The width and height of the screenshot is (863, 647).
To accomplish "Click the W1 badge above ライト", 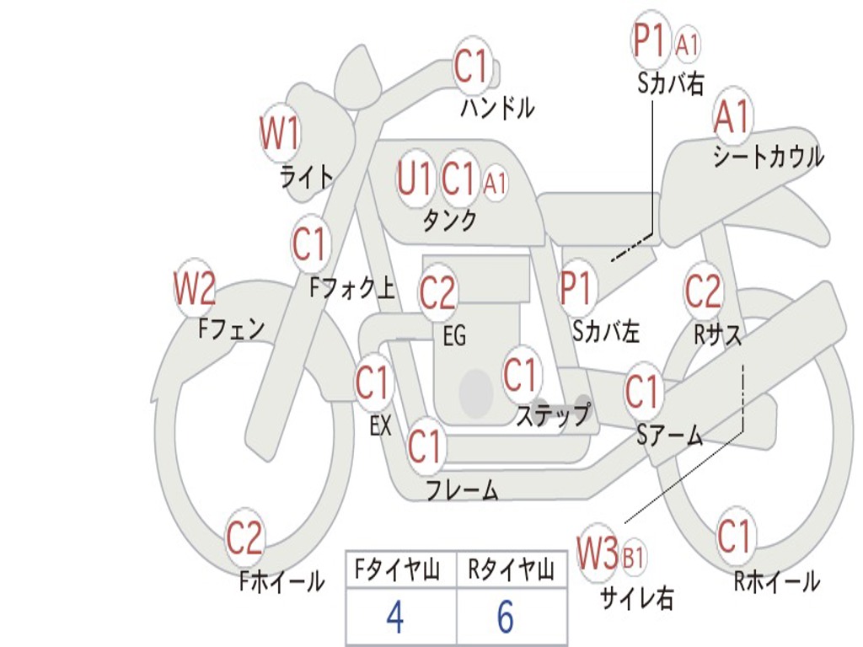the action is (280, 133).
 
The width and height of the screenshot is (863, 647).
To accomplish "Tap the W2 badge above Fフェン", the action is (195, 289).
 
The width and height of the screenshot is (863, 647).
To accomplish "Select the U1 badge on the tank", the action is (415, 179).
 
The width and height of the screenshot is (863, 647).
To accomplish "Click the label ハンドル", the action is (497, 108).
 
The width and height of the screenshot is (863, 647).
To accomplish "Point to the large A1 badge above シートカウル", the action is (732, 117).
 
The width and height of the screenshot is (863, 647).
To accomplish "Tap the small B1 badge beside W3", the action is (634, 557).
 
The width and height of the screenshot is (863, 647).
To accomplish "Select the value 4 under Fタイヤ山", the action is (395, 618).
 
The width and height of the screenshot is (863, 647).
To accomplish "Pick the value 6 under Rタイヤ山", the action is (505, 618).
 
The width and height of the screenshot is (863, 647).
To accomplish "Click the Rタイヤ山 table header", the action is (511, 571).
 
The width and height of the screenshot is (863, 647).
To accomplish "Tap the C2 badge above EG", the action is (437, 293).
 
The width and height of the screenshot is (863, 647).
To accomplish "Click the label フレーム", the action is (462, 489).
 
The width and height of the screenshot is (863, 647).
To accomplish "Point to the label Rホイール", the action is (776, 581).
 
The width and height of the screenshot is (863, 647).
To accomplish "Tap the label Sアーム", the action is (669, 435).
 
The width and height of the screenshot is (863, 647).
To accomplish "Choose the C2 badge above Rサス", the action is (703, 291).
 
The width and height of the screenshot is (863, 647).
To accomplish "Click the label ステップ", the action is (553, 415).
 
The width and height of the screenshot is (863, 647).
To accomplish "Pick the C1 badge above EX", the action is (372, 383).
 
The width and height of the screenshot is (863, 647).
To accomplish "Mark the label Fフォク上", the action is (351, 289).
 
